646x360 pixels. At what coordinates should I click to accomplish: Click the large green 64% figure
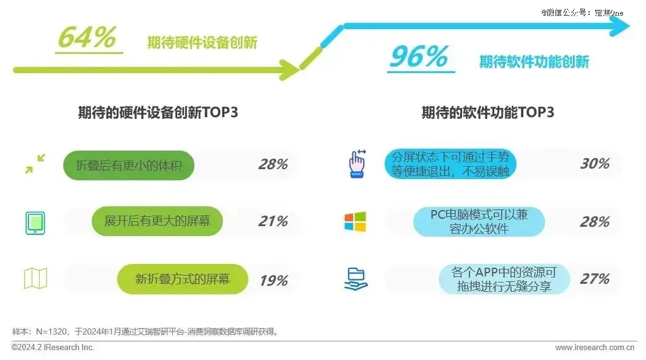[x=87, y=37]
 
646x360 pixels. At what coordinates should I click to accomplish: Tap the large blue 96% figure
[x=419, y=56]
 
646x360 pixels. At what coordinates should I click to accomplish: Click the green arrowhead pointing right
[x=290, y=69]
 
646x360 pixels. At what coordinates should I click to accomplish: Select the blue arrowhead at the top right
[x=619, y=26]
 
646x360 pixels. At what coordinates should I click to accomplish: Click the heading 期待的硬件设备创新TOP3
[x=158, y=112]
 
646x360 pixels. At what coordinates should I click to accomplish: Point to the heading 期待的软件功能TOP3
[x=488, y=112]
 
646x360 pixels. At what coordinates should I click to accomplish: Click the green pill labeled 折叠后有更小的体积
[x=129, y=165]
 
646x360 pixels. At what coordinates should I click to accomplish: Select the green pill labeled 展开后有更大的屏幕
[x=157, y=221]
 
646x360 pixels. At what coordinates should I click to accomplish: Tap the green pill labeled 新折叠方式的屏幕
[x=183, y=279]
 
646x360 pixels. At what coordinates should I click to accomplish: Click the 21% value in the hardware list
[x=273, y=221]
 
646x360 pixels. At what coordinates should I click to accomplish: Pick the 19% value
[x=274, y=281]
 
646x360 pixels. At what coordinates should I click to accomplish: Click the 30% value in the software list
[x=595, y=164]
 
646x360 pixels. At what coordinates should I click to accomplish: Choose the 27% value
[x=595, y=279]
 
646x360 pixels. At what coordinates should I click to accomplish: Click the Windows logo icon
[x=355, y=222]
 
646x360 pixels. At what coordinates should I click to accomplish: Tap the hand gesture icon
[x=357, y=164]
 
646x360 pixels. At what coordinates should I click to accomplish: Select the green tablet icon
[x=35, y=223]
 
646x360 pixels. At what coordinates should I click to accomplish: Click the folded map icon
[x=36, y=278]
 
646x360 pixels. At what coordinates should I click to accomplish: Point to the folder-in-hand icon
[x=356, y=279]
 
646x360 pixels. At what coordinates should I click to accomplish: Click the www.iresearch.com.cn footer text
[x=595, y=348]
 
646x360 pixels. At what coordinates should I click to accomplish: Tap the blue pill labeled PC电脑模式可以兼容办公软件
[x=479, y=222]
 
